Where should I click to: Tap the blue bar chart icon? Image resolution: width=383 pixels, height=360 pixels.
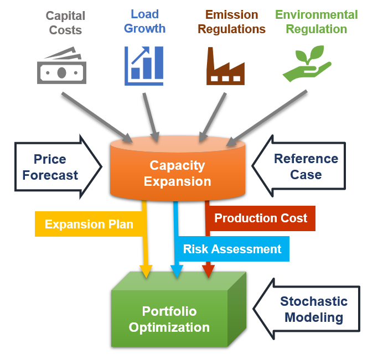pos(144,66)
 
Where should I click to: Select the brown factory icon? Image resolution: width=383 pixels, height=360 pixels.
pos(225,66)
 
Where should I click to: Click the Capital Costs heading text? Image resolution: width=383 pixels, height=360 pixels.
pos(65,23)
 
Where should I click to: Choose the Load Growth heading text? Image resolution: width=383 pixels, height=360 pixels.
pos(144,21)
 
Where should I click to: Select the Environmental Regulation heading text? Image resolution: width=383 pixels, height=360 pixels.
pos(316,22)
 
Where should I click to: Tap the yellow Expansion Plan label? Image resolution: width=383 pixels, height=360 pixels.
pos(89,224)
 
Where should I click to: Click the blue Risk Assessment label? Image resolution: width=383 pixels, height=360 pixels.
pos(232,249)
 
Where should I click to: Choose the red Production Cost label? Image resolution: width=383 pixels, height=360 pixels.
pos(260,218)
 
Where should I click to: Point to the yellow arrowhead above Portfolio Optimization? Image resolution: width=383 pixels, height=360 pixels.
pos(146,271)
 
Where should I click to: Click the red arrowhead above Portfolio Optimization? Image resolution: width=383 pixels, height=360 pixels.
pos(208,270)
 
